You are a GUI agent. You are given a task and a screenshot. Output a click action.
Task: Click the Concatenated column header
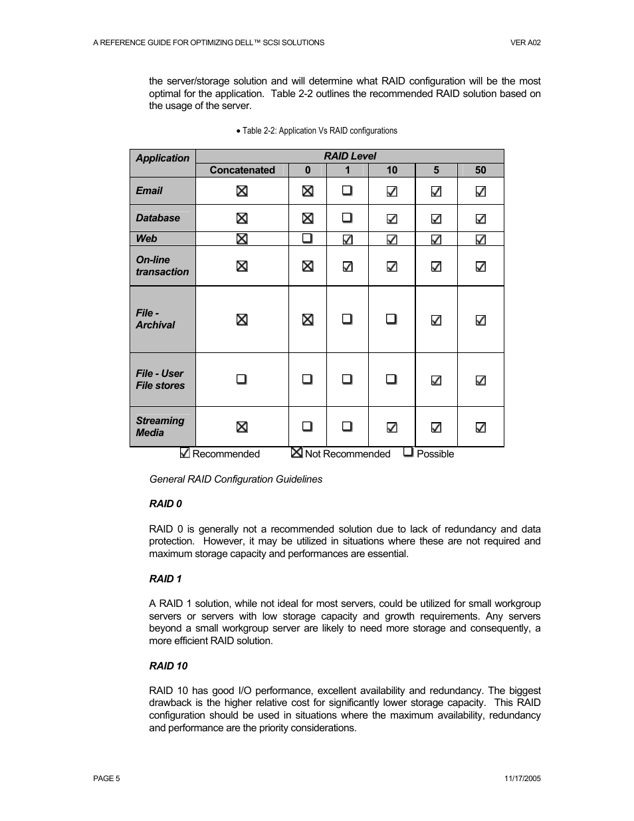pyautogui.click(x=242, y=170)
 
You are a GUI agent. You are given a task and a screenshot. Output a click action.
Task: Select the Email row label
pyautogui.click(x=149, y=191)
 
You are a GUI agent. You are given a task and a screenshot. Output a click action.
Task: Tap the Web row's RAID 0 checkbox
pyautogui.click(x=307, y=238)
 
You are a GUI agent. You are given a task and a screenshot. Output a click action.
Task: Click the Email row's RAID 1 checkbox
pyautogui.click(x=347, y=191)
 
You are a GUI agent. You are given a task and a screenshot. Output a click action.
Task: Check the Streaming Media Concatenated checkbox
pyautogui.click(x=242, y=427)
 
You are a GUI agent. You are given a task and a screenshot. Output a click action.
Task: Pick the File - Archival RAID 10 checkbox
pyautogui.click(x=391, y=319)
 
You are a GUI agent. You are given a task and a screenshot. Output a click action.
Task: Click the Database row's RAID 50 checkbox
pyautogui.click(x=480, y=219)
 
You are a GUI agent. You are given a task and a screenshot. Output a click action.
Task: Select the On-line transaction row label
pyautogui.click(x=162, y=266)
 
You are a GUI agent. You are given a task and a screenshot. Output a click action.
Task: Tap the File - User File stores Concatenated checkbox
pyautogui.click(x=242, y=379)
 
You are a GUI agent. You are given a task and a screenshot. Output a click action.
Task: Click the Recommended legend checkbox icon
pyautogui.click(x=185, y=453)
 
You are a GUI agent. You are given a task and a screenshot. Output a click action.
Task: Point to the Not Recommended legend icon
pyautogui.click(x=297, y=453)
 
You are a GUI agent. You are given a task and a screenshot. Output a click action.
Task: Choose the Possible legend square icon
pyautogui.click(x=409, y=452)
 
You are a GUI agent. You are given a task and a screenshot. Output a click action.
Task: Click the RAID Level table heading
pyautogui.click(x=350, y=156)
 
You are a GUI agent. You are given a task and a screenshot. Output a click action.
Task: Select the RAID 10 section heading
pyautogui.click(x=168, y=666)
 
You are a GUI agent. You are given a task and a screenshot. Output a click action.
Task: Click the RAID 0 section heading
pyautogui.click(x=165, y=504)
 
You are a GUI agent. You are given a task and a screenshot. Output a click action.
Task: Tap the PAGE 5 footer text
pyautogui.click(x=106, y=778)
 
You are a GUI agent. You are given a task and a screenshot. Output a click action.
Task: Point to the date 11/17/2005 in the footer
pyautogui.click(x=522, y=778)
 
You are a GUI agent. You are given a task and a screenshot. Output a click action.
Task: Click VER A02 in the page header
pyautogui.click(x=525, y=43)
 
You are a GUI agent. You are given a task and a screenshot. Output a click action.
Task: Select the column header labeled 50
pyautogui.click(x=480, y=170)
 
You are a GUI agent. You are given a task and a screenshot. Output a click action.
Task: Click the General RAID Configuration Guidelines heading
pyautogui.click(x=236, y=479)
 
